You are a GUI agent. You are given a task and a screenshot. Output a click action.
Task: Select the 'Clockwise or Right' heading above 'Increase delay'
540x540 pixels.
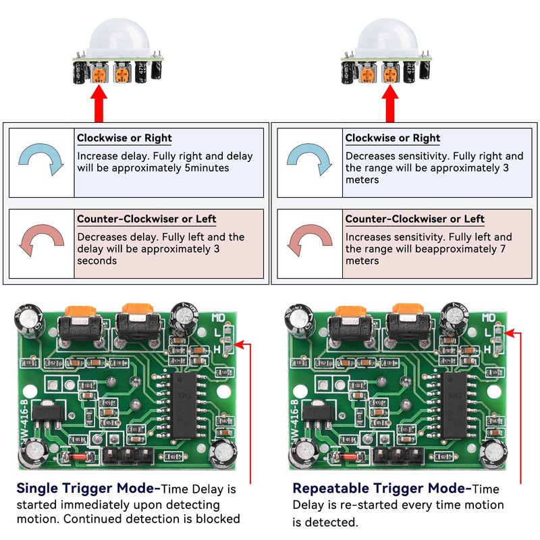pos(124,138)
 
